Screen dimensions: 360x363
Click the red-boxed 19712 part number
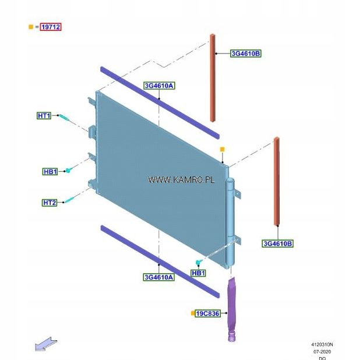click(x=50, y=27)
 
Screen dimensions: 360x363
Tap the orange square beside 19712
click(x=31, y=27)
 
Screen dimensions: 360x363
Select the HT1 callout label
click(x=44, y=116)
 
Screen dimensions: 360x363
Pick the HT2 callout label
click(x=50, y=203)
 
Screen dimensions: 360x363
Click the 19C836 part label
click(x=207, y=313)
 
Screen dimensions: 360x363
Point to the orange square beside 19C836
click(x=192, y=313)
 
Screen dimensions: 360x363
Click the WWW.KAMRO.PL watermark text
click(x=181, y=181)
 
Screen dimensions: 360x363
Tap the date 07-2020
click(x=322, y=351)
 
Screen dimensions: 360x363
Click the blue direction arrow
click(x=46, y=344)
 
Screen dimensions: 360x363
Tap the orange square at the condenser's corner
click(x=222, y=150)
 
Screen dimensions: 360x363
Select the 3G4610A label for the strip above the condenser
click(x=159, y=86)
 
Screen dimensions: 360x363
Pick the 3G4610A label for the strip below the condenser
click(x=158, y=277)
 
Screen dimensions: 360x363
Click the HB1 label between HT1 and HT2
click(x=50, y=172)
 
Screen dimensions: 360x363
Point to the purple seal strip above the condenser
click(x=159, y=102)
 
